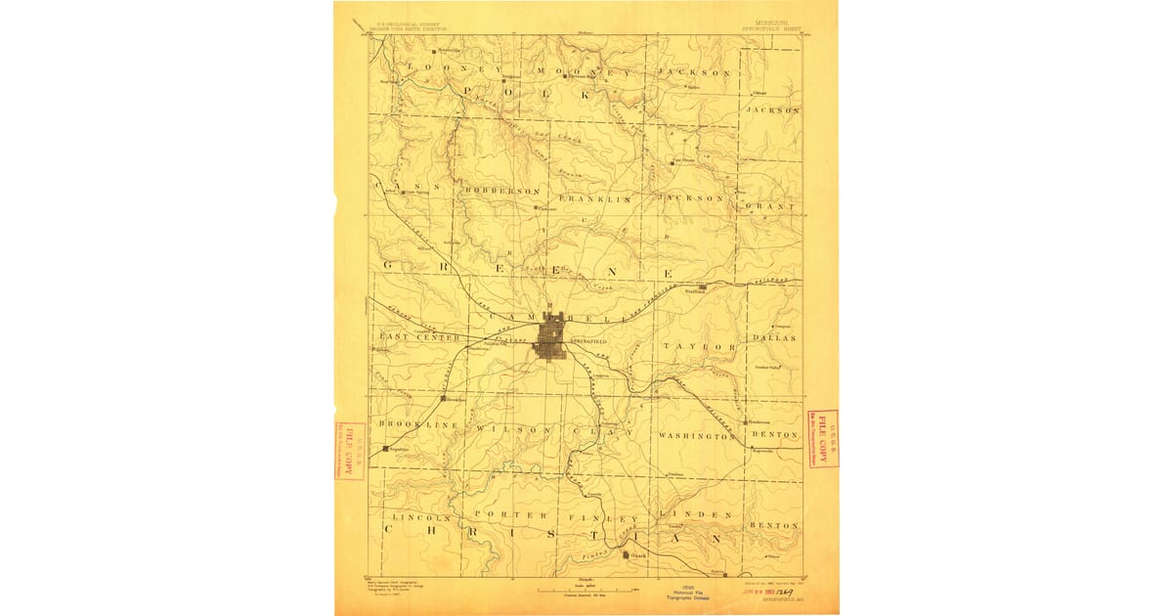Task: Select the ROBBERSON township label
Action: pos(502,191)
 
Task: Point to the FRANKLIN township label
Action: pos(596,198)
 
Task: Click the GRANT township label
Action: pos(773,207)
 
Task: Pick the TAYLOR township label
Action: pos(699,347)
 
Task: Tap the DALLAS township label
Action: pos(776,337)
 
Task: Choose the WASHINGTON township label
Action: pos(696,436)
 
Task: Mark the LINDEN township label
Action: pos(695,514)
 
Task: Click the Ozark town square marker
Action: pos(627,555)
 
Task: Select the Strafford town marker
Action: pos(702,287)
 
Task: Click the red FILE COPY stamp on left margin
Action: pos(349,450)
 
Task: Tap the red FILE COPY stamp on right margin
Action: pos(823,438)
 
